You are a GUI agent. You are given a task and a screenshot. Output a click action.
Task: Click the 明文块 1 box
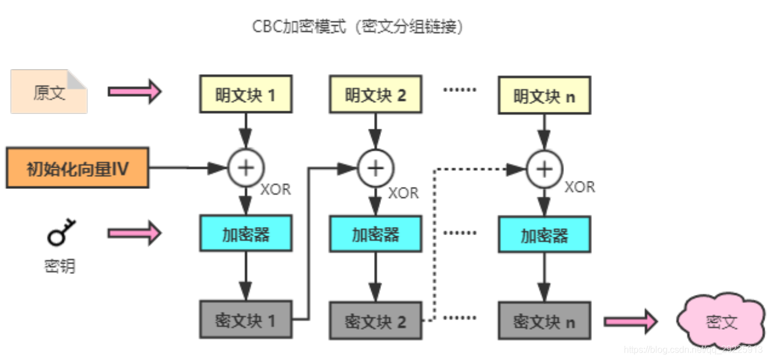[246, 94]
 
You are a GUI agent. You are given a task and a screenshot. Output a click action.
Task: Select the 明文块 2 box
[375, 94]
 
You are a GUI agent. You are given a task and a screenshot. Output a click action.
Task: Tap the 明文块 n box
[544, 95]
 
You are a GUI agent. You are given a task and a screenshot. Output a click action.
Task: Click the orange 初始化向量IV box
[78, 168]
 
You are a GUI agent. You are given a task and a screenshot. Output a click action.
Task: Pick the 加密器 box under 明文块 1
[246, 233]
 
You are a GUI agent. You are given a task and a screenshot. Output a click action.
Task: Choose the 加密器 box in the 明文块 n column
[544, 234]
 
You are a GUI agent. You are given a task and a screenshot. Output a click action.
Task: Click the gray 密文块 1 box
[246, 320]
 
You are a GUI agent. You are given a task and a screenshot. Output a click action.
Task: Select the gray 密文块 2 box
[375, 321]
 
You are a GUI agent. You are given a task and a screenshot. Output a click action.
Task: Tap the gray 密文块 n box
[544, 321]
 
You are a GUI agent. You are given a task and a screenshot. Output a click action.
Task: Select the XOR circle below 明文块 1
[246, 167]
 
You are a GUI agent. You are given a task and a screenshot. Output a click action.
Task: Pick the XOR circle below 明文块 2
[375, 168]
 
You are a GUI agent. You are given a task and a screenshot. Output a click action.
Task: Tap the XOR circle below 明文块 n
[544, 169]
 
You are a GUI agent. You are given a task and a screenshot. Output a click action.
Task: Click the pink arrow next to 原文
[135, 91]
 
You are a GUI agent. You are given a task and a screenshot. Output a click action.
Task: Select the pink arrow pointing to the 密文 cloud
[630, 322]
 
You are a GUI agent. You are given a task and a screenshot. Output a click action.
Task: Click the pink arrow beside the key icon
[135, 233]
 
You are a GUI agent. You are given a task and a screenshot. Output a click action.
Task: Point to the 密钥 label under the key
[60, 266]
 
